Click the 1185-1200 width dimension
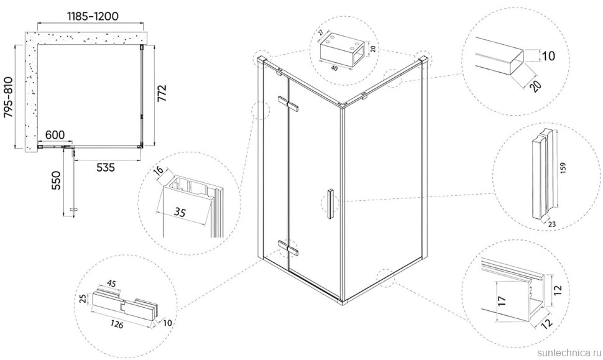pos(93,16)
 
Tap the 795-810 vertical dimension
pos(8,98)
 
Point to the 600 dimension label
pos(55,135)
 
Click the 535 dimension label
pos(106,167)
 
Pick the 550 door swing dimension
pos(56,180)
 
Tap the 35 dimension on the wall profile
pos(180,211)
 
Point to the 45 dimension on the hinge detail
pos(111,284)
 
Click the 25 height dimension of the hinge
pos(81,299)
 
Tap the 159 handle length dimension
pos(563,168)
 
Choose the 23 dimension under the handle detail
pos(552,224)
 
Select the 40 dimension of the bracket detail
pos(334,68)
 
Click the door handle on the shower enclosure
pos(329,204)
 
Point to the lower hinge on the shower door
pos(288,247)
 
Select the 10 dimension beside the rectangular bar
pos(548,56)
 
